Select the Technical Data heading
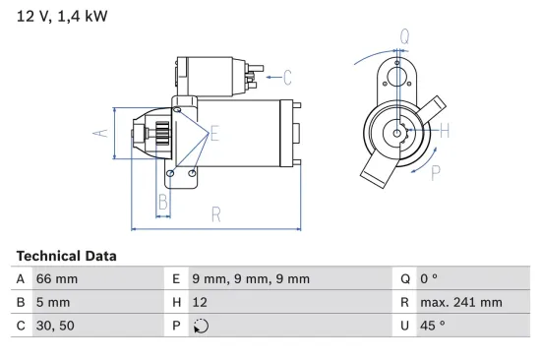click(x=66, y=256)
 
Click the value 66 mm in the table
click(x=56, y=279)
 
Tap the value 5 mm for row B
click(x=52, y=303)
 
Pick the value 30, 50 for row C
click(x=54, y=327)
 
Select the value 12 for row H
click(x=200, y=303)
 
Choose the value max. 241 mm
click(x=459, y=303)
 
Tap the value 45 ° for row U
click(x=433, y=327)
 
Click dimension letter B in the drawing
click(x=164, y=204)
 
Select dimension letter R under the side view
click(x=215, y=213)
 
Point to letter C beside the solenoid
click(x=288, y=76)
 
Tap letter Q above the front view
click(x=404, y=37)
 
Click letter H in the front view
click(x=444, y=131)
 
